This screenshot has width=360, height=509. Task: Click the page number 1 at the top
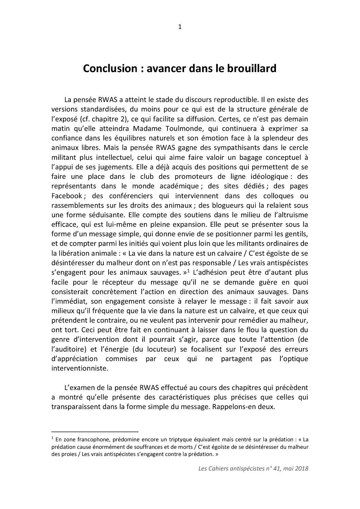pyautogui.click(x=180, y=28)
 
